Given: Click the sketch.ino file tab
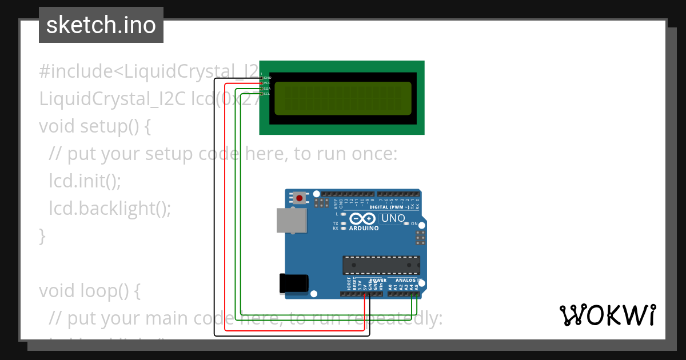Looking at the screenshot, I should pos(101,25).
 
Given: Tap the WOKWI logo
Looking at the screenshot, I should pos(607,315).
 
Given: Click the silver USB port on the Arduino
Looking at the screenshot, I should pos(292,220).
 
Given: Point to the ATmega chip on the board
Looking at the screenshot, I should pos(381,265).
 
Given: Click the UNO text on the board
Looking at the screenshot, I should pos(393,218).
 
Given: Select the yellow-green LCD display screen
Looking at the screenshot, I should pos(343,98).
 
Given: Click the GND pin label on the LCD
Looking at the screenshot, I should pos(267,77).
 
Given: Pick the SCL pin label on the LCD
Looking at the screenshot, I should pos(267,94).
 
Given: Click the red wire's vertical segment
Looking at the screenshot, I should pos(225,206).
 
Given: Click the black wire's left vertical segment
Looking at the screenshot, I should pos(214,206).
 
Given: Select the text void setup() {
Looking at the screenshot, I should pos(95,126).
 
